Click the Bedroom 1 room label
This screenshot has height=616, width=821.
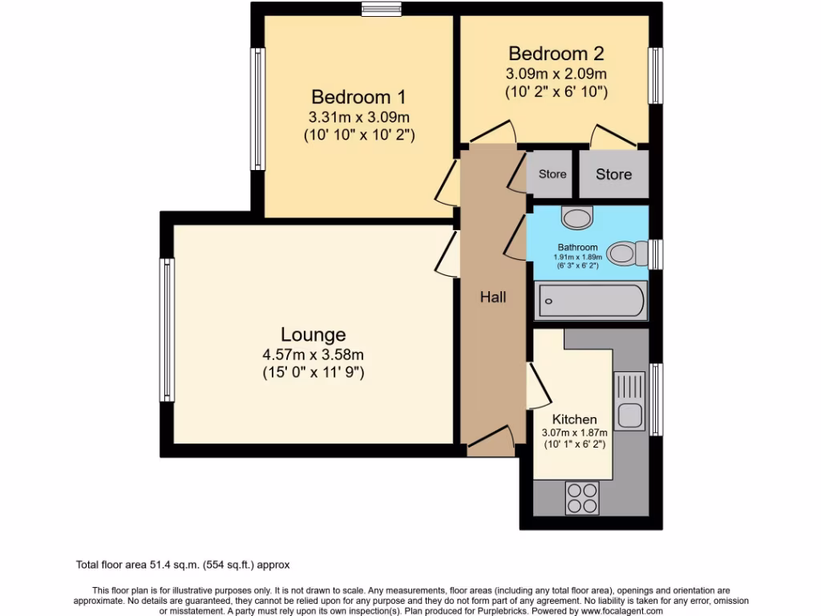(x=358, y=97)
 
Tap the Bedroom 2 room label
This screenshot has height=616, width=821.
(x=556, y=54)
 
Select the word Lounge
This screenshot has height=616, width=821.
(x=313, y=334)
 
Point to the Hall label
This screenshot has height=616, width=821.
(x=493, y=297)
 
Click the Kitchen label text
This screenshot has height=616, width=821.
(x=574, y=419)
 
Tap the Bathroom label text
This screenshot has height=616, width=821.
(x=577, y=247)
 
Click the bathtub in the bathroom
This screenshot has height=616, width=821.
(x=591, y=302)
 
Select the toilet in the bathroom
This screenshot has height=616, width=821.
(x=625, y=254)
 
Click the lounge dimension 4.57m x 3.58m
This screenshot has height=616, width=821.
(x=313, y=355)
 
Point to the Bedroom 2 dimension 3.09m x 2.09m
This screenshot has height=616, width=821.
(x=556, y=74)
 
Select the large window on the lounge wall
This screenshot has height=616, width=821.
(x=167, y=330)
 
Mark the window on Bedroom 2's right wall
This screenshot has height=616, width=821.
(x=656, y=76)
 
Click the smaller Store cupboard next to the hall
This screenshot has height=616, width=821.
(x=552, y=174)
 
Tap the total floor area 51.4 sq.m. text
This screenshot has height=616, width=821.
(x=188, y=565)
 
